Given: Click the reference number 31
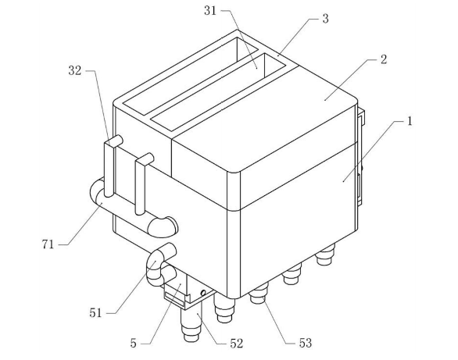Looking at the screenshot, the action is (x=210, y=11).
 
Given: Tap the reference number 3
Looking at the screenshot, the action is (x=325, y=19).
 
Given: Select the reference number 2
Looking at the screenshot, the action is (x=384, y=59).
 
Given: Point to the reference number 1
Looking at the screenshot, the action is (x=410, y=121).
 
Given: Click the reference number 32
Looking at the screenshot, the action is (x=75, y=70).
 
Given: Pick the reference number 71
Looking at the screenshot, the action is (x=48, y=244).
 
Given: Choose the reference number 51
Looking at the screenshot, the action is (x=95, y=313).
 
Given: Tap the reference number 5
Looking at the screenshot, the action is (x=133, y=344).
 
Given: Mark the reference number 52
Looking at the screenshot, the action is (x=237, y=344).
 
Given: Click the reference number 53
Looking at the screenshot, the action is (x=306, y=343).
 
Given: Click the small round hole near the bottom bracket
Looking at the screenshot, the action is (x=203, y=293).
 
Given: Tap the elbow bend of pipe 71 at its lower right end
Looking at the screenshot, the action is (x=163, y=226).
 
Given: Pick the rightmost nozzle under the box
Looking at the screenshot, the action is (x=325, y=255).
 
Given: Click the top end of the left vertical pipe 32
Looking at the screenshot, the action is (x=114, y=141).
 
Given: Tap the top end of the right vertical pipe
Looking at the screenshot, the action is (x=145, y=159).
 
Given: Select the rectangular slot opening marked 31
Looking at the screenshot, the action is (x=217, y=91).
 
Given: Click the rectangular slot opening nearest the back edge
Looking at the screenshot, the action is (x=191, y=76).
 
